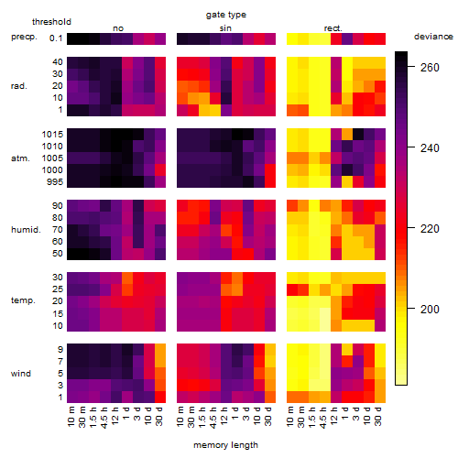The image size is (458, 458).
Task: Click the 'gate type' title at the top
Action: (x=226, y=15)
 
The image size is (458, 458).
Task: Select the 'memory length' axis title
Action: (x=225, y=445)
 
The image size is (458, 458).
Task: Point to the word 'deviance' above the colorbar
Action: (x=433, y=37)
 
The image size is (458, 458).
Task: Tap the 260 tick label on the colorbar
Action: (x=430, y=67)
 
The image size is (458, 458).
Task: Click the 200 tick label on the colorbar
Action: (x=430, y=309)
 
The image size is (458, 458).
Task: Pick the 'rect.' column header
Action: (x=333, y=28)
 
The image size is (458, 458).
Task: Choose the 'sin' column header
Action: (x=225, y=28)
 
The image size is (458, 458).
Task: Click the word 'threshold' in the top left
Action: (x=51, y=22)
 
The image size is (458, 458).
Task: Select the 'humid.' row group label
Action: (x=26, y=229)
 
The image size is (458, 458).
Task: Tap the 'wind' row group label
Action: (x=21, y=374)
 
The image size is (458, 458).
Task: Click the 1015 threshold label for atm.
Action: (x=52, y=134)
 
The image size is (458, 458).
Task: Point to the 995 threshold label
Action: (x=55, y=181)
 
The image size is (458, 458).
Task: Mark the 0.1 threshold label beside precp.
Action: (x=56, y=38)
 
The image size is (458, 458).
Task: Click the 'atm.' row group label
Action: (x=20, y=158)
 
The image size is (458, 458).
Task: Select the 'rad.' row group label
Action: (x=19, y=86)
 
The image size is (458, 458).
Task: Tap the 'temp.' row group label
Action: (x=23, y=300)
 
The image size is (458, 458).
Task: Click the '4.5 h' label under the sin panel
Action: (x=213, y=418)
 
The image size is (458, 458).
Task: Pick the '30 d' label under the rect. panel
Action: (x=378, y=416)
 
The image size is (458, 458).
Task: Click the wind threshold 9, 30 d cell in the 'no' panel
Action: (x=160, y=350)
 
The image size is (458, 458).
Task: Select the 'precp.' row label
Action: (x=24, y=37)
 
